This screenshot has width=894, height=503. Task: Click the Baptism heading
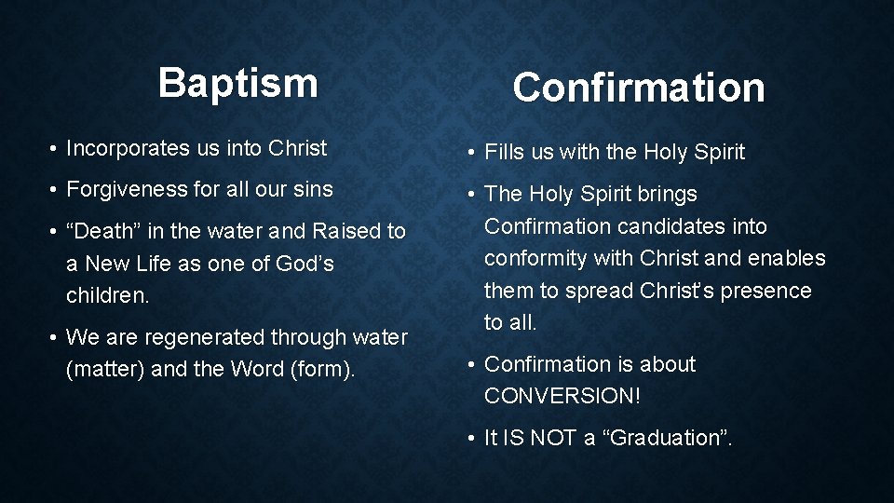[237, 83]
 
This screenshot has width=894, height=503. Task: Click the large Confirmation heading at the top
[638, 88]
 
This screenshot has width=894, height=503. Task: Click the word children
[104, 295]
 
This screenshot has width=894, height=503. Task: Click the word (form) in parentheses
[322, 369]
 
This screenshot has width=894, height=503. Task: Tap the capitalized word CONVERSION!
[562, 396]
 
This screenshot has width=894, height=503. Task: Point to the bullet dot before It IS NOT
[472, 438]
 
